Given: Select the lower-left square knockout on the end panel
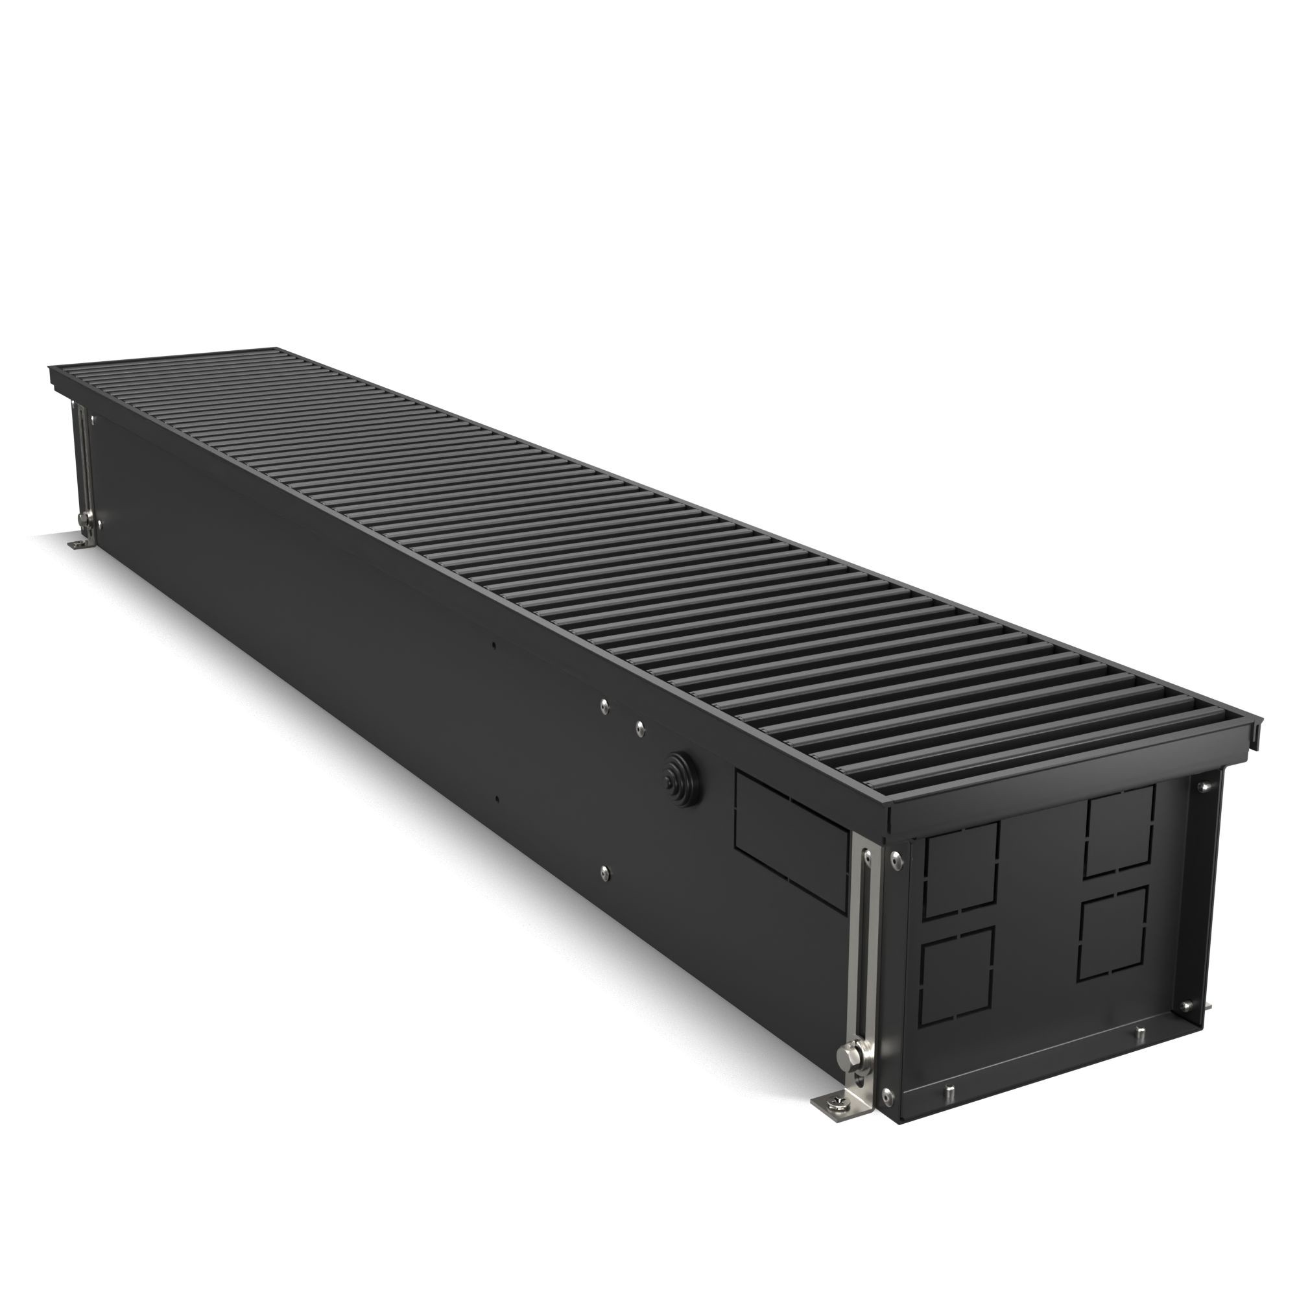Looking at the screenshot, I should click(956, 986).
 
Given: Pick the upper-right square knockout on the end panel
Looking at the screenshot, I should click(1120, 831).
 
